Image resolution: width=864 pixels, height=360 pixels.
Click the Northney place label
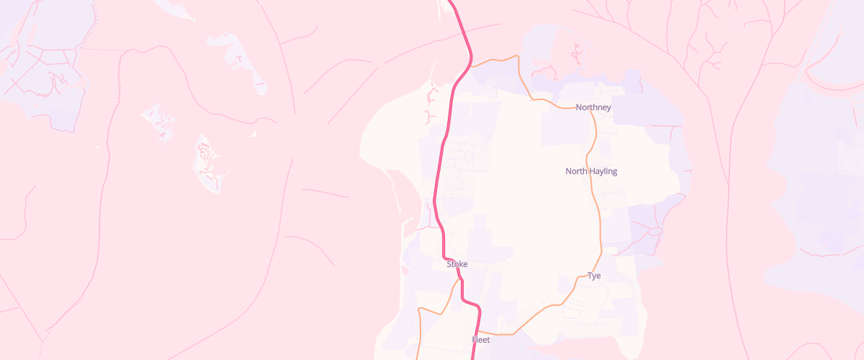click(593, 108)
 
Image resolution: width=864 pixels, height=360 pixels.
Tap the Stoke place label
click(457, 264)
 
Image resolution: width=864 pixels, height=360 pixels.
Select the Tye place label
click(594, 276)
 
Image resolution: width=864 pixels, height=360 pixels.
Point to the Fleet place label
click(481, 340)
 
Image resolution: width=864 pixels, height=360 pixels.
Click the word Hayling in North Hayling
click(604, 171)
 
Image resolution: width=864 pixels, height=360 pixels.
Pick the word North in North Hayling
click(577, 171)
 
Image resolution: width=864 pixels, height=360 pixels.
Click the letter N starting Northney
click(579, 108)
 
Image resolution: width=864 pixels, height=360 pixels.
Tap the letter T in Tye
click(590, 276)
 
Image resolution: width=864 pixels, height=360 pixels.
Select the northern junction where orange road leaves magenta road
click(471, 67)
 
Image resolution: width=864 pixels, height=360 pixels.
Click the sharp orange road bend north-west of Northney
click(518, 55)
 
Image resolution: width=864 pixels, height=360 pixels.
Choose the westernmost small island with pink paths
click(159, 120)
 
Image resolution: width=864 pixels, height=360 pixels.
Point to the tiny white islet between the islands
click(253, 133)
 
